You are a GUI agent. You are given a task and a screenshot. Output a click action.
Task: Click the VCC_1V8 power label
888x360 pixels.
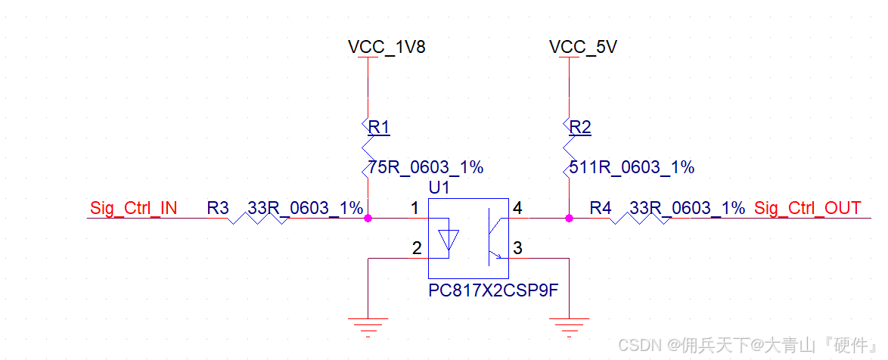(387, 47)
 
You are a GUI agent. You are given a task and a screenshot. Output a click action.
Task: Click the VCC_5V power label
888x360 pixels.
(583, 47)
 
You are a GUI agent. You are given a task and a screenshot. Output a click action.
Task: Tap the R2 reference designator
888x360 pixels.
(579, 127)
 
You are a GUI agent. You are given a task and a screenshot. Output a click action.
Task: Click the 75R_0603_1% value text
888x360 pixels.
(425, 167)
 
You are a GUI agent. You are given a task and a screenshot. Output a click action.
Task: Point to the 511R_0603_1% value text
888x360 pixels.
(630, 167)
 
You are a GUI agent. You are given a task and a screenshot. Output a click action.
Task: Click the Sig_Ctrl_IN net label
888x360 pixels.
(134, 208)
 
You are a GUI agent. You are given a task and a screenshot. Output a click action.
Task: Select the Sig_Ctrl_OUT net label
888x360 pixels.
(808, 208)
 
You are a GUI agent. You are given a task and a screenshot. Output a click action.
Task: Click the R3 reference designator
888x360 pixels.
(219, 208)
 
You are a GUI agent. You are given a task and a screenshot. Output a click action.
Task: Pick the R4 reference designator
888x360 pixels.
(601, 208)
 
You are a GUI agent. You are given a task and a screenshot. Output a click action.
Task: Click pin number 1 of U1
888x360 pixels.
(415, 207)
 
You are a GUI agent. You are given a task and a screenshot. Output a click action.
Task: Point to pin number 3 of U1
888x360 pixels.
(517, 247)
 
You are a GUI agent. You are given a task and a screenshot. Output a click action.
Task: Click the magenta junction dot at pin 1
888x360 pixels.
(368, 219)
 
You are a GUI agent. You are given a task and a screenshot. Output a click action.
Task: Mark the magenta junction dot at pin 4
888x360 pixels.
(569, 219)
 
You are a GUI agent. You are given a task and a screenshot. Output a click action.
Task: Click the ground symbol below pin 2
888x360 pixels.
(368, 327)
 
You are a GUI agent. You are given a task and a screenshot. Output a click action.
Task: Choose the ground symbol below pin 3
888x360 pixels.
(569, 327)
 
